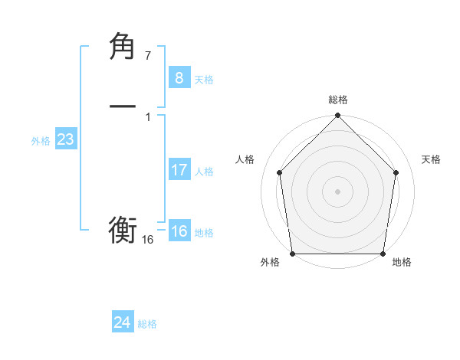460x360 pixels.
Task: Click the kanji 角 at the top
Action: click(123, 47)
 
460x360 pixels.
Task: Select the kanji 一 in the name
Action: click(123, 105)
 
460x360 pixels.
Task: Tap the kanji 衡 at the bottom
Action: click(123, 230)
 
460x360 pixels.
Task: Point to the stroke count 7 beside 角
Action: click(147, 56)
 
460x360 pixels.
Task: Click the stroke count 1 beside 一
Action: click(147, 116)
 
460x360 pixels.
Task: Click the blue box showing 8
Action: click(179, 77)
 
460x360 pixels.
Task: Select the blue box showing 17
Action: click(179, 170)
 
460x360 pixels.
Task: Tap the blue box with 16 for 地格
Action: click(179, 231)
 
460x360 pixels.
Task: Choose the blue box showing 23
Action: click(65, 139)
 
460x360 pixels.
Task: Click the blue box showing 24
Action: click(122, 322)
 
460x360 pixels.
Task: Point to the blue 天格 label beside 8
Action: click(204, 80)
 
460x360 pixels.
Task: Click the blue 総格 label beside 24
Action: click(147, 325)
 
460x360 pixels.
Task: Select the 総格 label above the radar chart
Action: click(337, 100)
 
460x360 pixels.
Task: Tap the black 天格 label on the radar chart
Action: click(431, 159)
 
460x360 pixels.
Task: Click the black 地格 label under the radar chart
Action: click(402, 263)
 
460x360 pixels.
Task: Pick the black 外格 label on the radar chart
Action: click(270, 263)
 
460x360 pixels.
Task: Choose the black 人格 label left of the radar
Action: click(245, 159)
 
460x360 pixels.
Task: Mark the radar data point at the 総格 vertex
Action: click(337, 116)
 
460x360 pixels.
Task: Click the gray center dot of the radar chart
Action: click(337, 190)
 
